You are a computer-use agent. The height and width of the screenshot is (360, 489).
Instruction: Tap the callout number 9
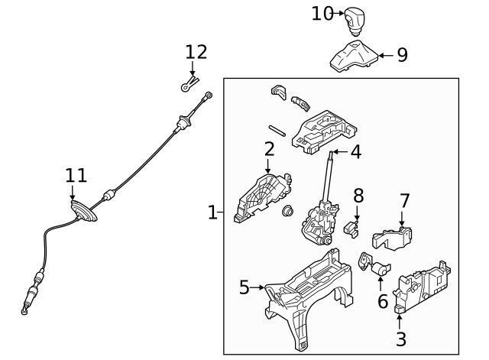[x=402, y=55]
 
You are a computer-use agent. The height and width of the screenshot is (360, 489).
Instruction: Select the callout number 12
[x=196, y=52]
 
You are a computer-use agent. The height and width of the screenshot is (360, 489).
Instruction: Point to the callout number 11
[x=76, y=175]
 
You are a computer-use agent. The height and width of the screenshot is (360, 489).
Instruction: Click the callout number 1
[x=213, y=212]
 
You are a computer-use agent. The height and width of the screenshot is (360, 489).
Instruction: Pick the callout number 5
[x=244, y=288]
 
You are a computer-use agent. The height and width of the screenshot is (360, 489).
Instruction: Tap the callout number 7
[x=405, y=201]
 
